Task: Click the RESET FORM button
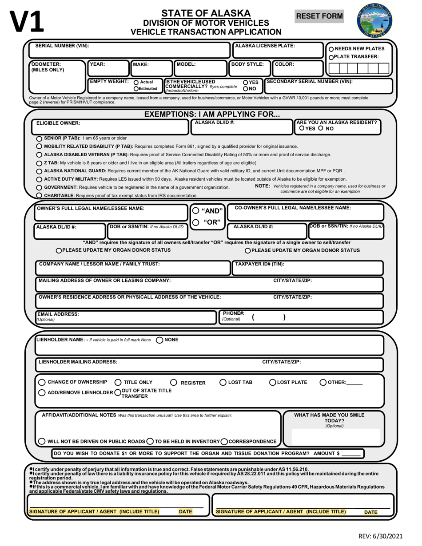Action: (x=320, y=16)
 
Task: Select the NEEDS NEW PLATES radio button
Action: (x=331, y=49)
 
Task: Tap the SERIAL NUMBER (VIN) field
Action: (x=129, y=49)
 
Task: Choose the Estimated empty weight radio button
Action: (x=136, y=89)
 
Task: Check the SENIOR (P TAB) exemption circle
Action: (x=40, y=138)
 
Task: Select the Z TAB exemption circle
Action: (x=40, y=163)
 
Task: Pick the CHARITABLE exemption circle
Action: (x=40, y=195)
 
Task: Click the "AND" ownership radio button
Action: (x=196, y=211)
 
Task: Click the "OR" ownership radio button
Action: (x=196, y=223)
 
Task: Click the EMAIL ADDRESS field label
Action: (x=58, y=314)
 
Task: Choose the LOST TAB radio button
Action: (x=223, y=383)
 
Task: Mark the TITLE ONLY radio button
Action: (x=118, y=383)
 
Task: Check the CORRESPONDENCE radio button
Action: (x=224, y=442)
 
